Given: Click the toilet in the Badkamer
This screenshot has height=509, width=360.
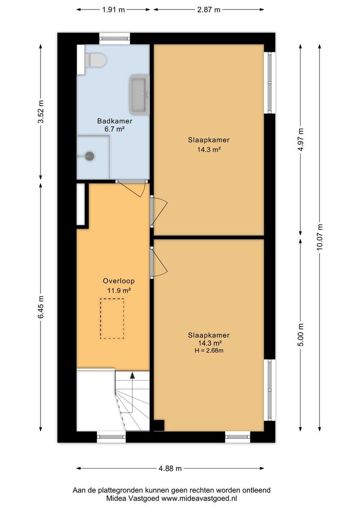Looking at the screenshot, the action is (96, 61).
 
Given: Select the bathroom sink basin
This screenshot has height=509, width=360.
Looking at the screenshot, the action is (139, 94).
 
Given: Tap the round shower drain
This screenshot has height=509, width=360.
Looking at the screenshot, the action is (89, 156).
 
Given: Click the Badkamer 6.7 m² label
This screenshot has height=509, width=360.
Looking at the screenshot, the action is (115, 125).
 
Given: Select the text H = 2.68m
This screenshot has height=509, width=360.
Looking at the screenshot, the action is (209, 351).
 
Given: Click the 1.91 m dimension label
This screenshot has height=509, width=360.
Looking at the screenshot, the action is (113, 10).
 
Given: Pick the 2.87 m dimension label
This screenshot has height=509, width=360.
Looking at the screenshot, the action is (209, 10).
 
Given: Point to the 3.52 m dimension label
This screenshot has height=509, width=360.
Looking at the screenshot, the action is (41, 112).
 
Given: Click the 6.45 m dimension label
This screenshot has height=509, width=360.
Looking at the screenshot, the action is (41, 307).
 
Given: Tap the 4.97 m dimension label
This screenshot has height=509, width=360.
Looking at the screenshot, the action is (301, 140).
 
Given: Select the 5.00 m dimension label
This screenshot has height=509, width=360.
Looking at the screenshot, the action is (301, 335).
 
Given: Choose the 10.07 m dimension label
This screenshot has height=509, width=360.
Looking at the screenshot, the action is (320, 237).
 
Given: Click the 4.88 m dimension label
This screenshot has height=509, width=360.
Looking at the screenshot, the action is (170, 468).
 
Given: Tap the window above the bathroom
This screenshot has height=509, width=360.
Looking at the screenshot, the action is (115, 38).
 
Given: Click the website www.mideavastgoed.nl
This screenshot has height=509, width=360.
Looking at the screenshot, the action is (199, 498).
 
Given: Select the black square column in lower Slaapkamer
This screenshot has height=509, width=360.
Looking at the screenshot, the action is (159, 426).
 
